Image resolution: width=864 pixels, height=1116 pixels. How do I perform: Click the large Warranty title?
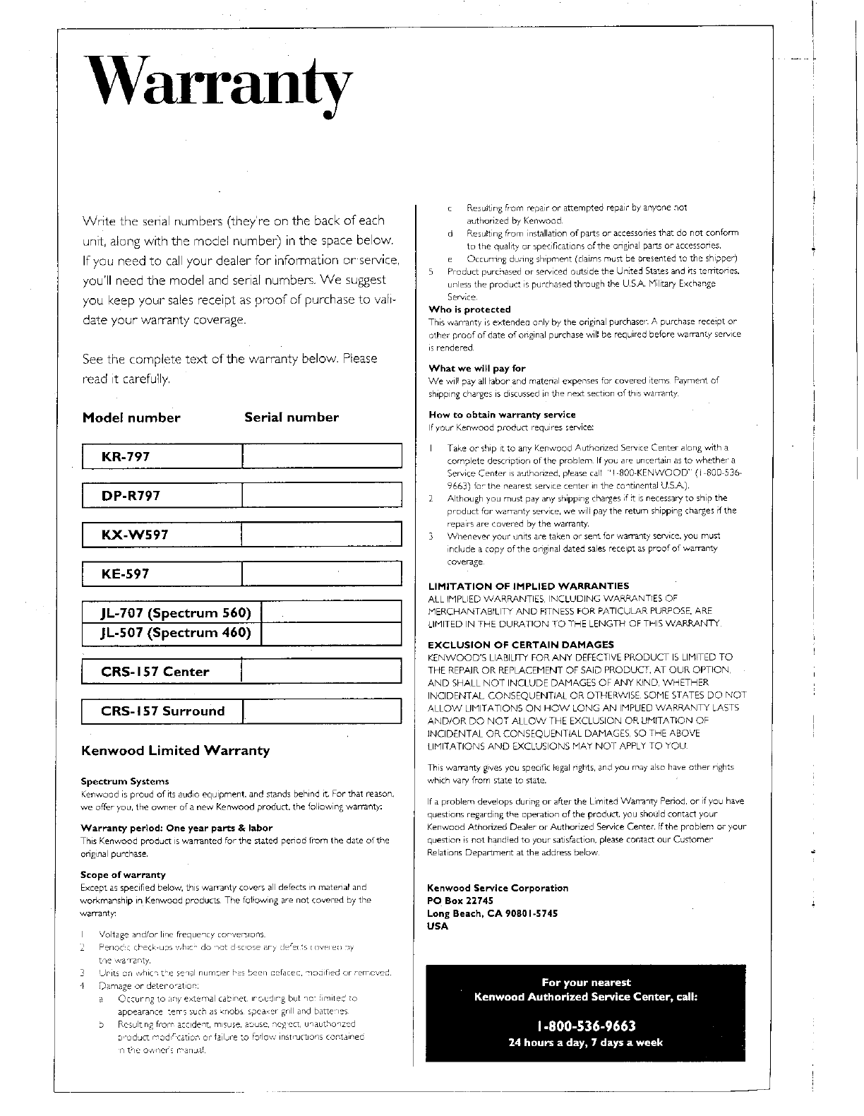pyautogui.click(x=216, y=89)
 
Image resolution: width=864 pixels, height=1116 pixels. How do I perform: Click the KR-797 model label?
pyautogui.click(x=126, y=456)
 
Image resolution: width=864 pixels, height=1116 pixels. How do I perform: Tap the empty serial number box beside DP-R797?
pyautogui.click(x=321, y=495)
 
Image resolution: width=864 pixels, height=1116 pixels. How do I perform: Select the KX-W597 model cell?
pyautogui.click(x=135, y=535)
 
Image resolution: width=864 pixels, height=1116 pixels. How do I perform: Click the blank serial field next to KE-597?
pyautogui.click(x=321, y=574)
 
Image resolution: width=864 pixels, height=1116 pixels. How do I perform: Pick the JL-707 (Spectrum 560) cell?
pyautogui.click(x=176, y=612)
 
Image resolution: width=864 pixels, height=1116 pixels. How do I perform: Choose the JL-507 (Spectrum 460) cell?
pyautogui.click(x=176, y=632)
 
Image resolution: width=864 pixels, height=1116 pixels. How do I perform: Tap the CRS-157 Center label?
pyautogui.click(x=155, y=671)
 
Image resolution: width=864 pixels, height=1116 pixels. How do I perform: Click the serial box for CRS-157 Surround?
pyautogui.click(x=322, y=711)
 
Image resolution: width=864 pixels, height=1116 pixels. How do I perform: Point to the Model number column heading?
pyautogui.click(x=131, y=417)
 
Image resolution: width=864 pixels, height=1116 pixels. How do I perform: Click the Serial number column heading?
pyautogui.click(x=291, y=417)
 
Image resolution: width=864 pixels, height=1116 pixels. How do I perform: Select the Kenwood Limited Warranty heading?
pyautogui.click(x=176, y=750)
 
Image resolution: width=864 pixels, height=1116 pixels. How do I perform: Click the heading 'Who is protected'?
pyautogui.click(x=469, y=309)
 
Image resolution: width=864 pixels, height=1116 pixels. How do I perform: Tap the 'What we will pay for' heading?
pyautogui.click(x=477, y=368)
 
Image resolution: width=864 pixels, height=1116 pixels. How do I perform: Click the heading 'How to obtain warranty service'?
pyautogui.click(x=502, y=415)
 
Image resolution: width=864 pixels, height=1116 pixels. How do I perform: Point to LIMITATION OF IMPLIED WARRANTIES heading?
pyautogui.click(x=528, y=586)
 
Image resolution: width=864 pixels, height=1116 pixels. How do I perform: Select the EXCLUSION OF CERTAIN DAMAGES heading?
pyautogui.click(x=521, y=644)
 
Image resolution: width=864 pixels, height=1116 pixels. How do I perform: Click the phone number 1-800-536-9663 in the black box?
pyautogui.click(x=586, y=1026)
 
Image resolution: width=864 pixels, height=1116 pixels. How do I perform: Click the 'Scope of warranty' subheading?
pyautogui.click(x=124, y=874)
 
